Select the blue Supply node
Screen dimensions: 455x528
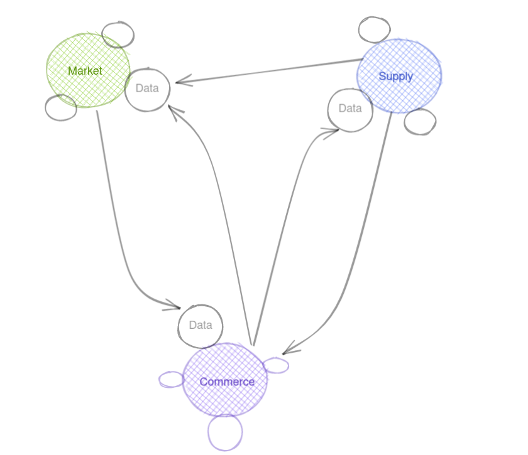tap(399, 76)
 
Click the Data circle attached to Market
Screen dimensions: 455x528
tap(147, 89)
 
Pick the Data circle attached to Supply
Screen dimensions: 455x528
tap(349, 109)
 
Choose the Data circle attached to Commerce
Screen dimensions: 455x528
tap(201, 326)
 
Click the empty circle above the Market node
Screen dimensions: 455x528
tap(118, 35)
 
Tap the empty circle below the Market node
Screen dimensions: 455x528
tap(61, 107)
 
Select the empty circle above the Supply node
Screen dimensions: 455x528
tap(374, 29)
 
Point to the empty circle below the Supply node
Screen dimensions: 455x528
tap(419, 122)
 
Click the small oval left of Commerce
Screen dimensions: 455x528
tap(171, 379)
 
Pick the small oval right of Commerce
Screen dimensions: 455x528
tap(275, 365)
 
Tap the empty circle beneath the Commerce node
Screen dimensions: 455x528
tap(225, 432)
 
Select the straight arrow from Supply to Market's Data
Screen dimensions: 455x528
tap(270, 72)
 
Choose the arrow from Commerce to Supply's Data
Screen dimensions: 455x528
tap(283, 220)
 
